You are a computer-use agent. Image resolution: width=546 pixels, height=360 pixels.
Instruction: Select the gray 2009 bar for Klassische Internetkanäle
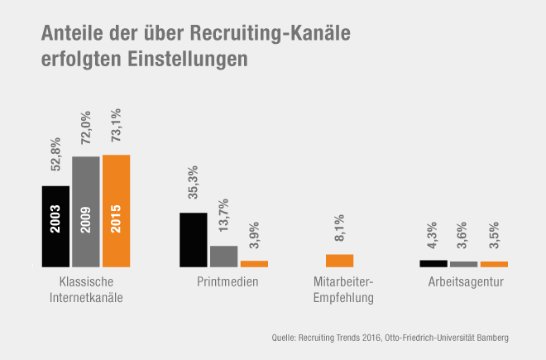click(x=86, y=211)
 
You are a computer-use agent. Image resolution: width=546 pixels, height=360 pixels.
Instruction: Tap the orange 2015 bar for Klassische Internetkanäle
click(x=117, y=210)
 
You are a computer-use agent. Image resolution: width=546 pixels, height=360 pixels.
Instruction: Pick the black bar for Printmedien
click(x=194, y=239)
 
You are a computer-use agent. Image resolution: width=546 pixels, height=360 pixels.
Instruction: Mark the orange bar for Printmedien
click(x=254, y=263)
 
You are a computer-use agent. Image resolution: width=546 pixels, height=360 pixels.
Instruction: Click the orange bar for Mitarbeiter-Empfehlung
click(x=339, y=260)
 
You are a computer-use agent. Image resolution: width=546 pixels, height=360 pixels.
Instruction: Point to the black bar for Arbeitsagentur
click(x=433, y=263)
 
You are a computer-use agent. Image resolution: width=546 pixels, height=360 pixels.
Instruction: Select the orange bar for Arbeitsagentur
click(x=494, y=264)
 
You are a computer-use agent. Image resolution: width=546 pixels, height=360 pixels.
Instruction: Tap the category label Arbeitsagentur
click(x=464, y=282)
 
